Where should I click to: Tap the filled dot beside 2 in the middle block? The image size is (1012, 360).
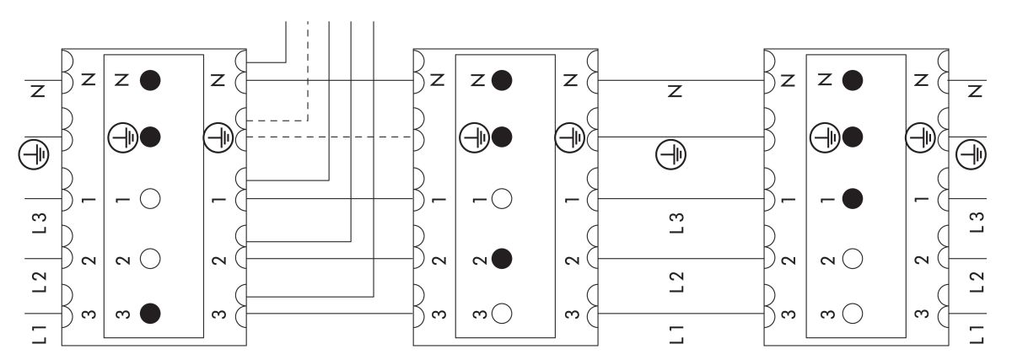pos(503,257)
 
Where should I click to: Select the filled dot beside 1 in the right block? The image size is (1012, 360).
pos(853,200)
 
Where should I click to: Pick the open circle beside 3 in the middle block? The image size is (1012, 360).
pos(503,314)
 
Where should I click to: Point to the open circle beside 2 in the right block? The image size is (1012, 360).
pos(853,257)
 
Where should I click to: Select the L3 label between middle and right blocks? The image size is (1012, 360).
pos(674,223)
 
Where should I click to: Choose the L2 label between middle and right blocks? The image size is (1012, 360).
pos(674,280)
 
